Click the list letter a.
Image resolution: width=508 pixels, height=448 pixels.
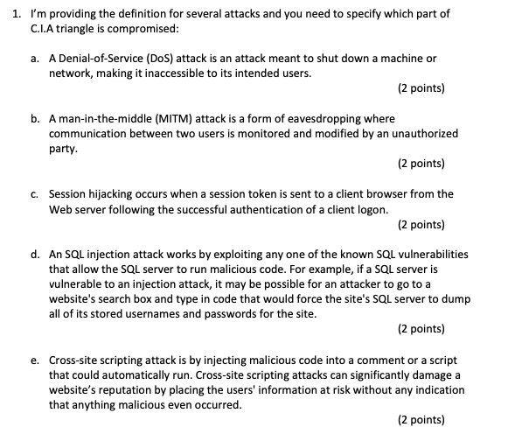coord(33,58)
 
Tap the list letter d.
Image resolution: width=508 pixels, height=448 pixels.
coord(33,254)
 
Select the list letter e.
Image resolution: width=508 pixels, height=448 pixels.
coord(33,360)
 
